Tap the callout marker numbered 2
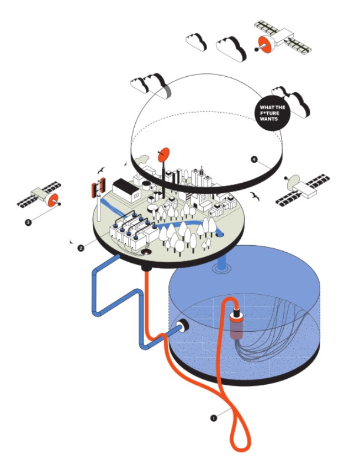coord(81,248)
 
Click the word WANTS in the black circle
coord(270,119)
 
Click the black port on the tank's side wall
coord(181,328)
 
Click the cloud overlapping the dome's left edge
coord(148,84)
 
